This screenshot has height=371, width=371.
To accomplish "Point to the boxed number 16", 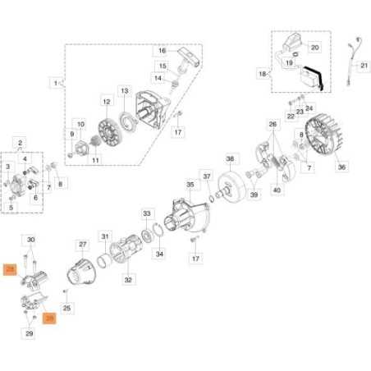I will point(162,50).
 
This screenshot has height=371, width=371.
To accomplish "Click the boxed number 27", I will point(82,244).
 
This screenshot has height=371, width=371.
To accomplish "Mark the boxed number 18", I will point(263,73).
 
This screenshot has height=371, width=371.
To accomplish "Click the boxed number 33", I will point(147,213).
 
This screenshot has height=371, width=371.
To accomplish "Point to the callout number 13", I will point(125,90).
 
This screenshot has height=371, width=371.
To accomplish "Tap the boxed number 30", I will point(31,240).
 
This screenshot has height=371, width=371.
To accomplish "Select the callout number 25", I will point(68,309).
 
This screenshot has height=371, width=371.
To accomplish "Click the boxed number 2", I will point(21,143).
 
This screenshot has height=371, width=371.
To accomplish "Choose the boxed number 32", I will point(128,279).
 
